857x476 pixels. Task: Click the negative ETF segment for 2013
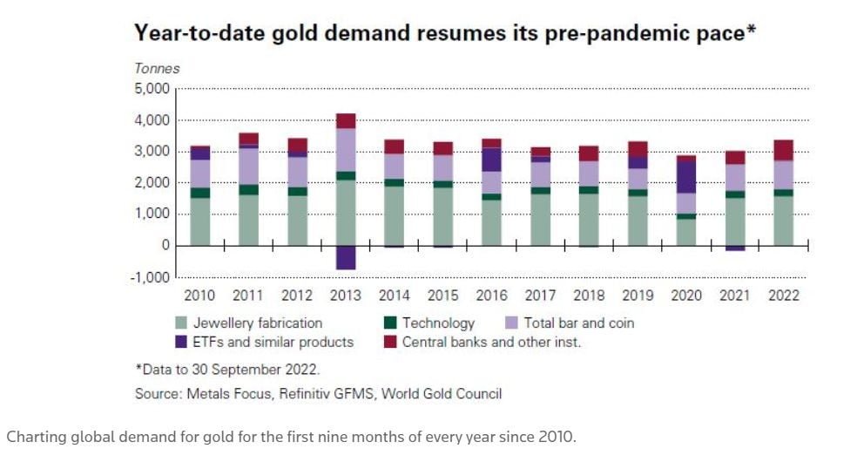347,257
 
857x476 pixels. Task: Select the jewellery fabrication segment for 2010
200,221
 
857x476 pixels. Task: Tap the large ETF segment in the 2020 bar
687,177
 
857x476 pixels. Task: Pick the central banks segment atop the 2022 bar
784,150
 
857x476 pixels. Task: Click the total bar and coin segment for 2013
347,150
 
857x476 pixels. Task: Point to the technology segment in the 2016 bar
492,197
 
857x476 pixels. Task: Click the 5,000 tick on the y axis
153,89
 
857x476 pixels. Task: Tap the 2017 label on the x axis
541,296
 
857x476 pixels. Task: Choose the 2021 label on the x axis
735,296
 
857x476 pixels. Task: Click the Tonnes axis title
157,68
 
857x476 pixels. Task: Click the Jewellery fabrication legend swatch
182,323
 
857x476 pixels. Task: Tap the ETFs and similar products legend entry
273,342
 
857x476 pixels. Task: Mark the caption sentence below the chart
291,437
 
